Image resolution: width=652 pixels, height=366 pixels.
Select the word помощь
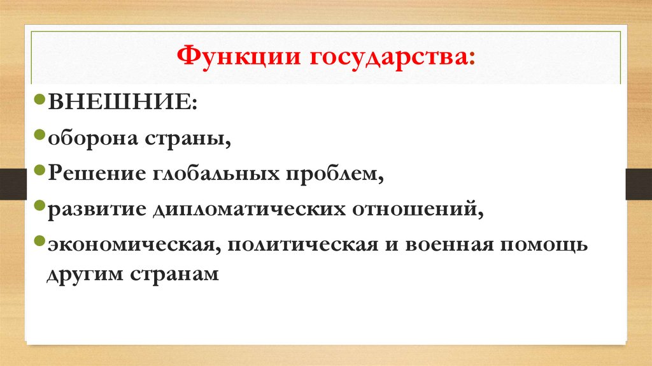click(x=548, y=245)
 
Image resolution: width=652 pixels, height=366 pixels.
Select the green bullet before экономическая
click(x=39, y=244)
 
